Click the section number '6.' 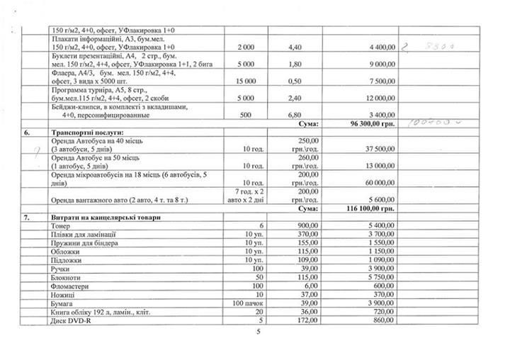pos(28,132)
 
